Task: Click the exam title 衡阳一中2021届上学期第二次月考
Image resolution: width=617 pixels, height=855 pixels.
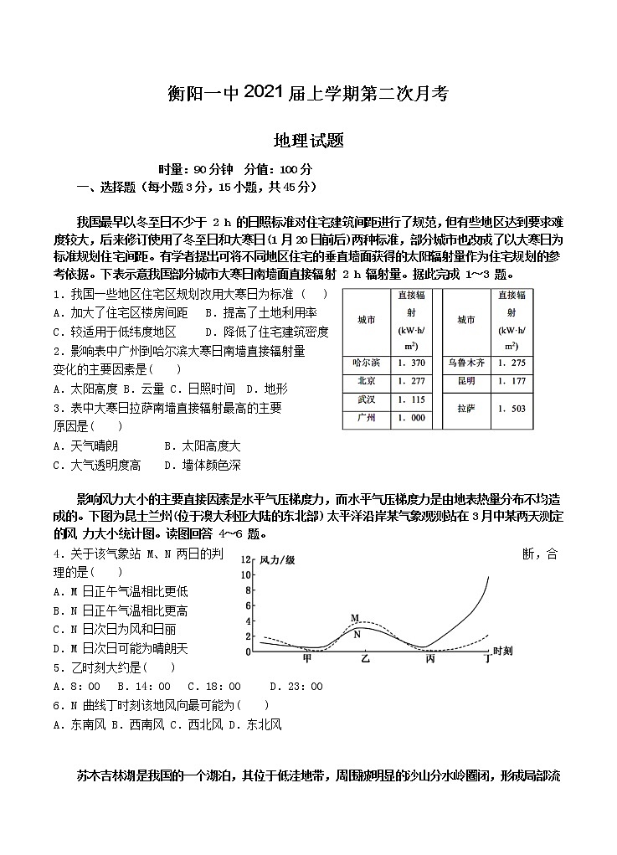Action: click(308, 94)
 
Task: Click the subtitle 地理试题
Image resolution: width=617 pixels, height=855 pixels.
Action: click(308, 142)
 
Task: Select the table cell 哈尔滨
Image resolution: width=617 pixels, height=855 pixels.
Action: click(366, 363)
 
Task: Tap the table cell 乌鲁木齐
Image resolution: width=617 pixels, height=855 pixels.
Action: click(466, 363)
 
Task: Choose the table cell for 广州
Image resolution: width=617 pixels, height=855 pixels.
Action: click(366, 418)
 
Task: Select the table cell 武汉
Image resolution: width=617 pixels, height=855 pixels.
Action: click(366, 399)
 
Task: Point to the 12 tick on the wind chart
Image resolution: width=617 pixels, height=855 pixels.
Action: click(245, 559)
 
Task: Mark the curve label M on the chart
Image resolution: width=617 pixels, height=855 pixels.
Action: click(355, 618)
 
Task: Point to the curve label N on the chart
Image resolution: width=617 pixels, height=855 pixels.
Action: click(357, 634)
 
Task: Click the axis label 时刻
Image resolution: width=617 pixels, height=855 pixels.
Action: click(504, 651)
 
